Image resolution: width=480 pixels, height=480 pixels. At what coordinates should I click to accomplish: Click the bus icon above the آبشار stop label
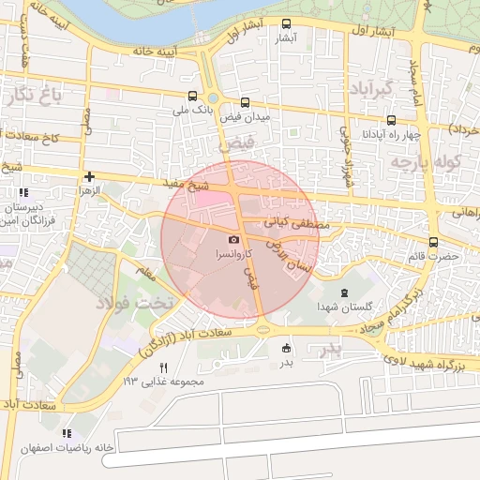coord(286,24)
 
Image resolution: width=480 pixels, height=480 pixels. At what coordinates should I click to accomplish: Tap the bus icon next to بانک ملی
coord(192,96)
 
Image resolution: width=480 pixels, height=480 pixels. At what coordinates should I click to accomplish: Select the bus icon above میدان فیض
coord(245,102)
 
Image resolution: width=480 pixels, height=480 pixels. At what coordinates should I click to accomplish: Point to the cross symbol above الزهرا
coord(89,175)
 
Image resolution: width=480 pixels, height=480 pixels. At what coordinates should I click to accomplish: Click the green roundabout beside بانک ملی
coord(213,97)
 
